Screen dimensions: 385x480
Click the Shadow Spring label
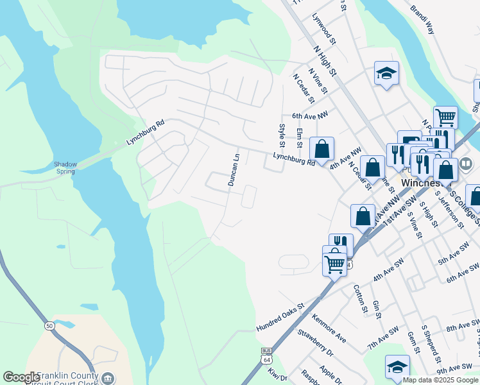(65, 167)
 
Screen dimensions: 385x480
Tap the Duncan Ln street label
(236, 170)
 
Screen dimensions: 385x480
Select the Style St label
(281, 134)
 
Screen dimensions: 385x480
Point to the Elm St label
(299, 138)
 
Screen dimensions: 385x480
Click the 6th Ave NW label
(310, 116)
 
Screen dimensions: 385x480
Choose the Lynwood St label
(324, 30)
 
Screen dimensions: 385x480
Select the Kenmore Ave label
(329, 327)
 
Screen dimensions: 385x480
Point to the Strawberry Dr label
(316, 343)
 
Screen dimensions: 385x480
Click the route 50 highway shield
(49, 327)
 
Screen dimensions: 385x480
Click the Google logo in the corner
(21, 377)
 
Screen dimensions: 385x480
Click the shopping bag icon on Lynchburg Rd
(322, 149)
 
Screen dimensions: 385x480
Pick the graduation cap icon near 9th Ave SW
(398, 366)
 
